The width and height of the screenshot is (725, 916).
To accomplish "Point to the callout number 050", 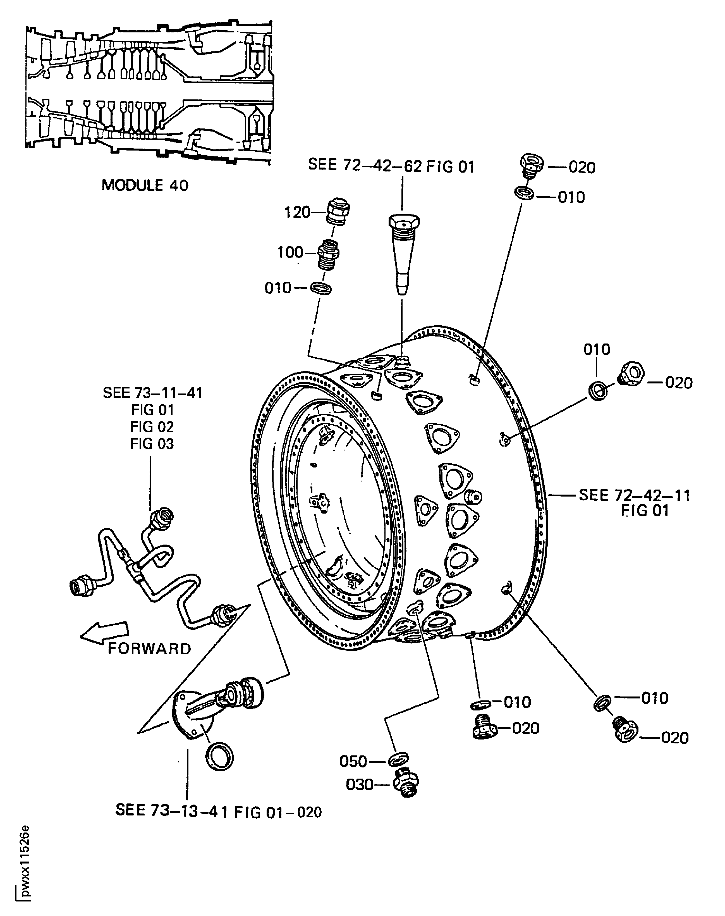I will [353, 761].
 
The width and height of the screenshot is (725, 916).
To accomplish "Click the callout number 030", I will [360, 784].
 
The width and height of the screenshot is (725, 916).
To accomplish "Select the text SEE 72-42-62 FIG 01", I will [391, 166].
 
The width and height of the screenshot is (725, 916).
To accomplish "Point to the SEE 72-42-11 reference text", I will [634, 495].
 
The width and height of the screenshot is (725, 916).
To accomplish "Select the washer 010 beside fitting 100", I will [321, 288].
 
